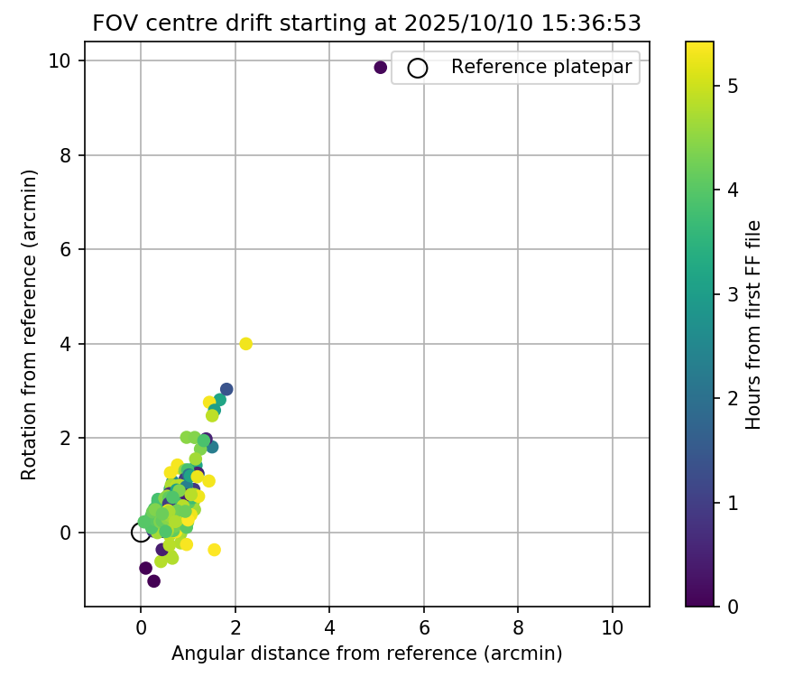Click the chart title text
[x=367, y=23]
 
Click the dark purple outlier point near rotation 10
[x=380, y=68]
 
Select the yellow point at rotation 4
[x=245, y=344]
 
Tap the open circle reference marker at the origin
[x=141, y=533]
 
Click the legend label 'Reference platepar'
[x=540, y=67]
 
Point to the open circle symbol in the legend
[x=417, y=68]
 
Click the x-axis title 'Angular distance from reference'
[x=367, y=653]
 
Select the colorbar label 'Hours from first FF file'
[x=754, y=324]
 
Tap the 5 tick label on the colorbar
[x=734, y=87]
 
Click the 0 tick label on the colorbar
[x=734, y=607]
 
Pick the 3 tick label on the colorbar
[x=734, y=294]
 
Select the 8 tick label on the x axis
[x=518, y=627]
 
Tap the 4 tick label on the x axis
[x=329, y=627]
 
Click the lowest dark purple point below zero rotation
[x=153, y=580]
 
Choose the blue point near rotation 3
[x=226, y=389]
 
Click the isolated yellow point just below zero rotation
[x=214, y=550]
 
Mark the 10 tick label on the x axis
[x=613, y=627]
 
